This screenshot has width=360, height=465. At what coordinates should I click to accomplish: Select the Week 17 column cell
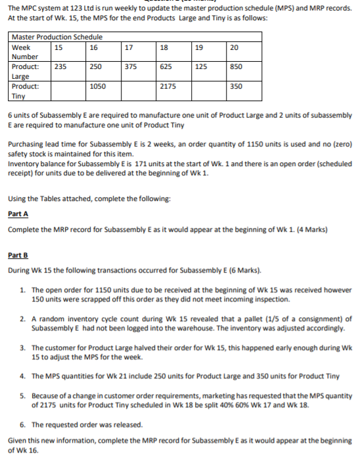click(x=130, y=47)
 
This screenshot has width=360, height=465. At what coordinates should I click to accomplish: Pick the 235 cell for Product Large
click(x=60, y=67)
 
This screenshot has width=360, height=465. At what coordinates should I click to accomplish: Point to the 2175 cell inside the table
click(x=169, y=86)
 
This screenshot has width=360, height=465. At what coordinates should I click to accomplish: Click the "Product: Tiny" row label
click(x=26, y=91)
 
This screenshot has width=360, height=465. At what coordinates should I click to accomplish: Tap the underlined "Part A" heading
click(x=18, y=213)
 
